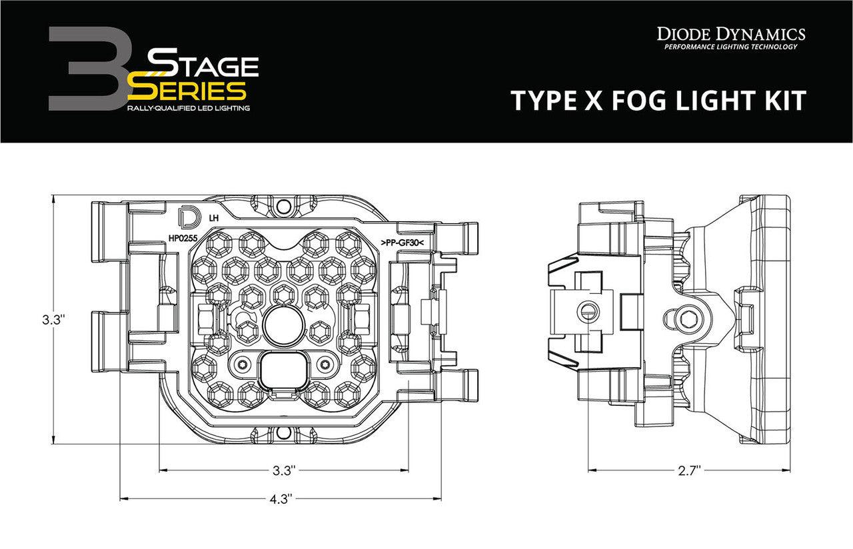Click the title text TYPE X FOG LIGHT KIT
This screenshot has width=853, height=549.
tap(658, 101)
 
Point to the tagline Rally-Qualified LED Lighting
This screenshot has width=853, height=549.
tap(189, 107)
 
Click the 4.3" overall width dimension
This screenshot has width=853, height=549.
tap(281, 498)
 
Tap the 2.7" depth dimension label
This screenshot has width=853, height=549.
tap(690, 470)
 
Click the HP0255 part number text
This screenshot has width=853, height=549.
tap(181, 237)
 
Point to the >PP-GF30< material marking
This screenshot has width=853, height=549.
tap(407, 243)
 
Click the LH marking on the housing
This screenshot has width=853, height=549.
tap(213, 218)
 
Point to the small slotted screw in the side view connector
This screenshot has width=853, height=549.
tap(586, 310)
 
